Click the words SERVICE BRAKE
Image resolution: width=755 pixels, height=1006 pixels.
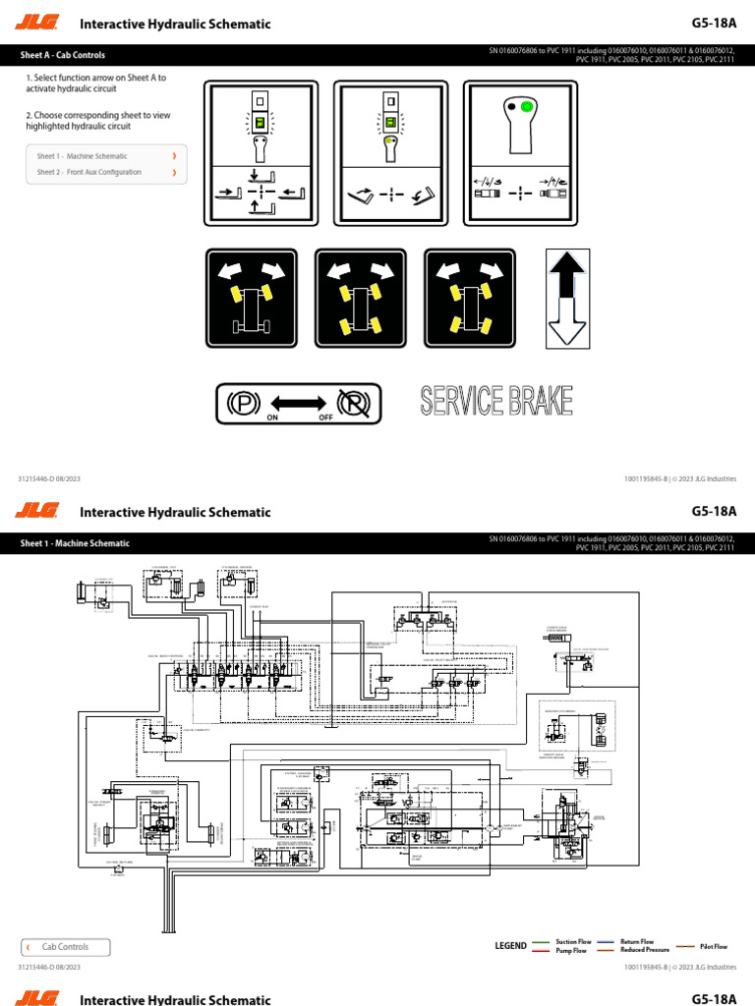pos(496,401)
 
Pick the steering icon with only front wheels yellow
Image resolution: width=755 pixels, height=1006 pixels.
pos(251,298)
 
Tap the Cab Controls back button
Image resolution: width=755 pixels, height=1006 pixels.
pos(66,947)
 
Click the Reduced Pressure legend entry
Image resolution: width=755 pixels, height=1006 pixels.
pos(633,950)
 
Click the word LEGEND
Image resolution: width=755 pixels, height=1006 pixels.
pos(510,946)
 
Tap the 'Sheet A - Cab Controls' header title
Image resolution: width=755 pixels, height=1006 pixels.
pos(63,55)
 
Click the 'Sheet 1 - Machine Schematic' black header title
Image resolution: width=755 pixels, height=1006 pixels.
pos(75,543)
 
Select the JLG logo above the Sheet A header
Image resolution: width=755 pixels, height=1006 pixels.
pos(38,24)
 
